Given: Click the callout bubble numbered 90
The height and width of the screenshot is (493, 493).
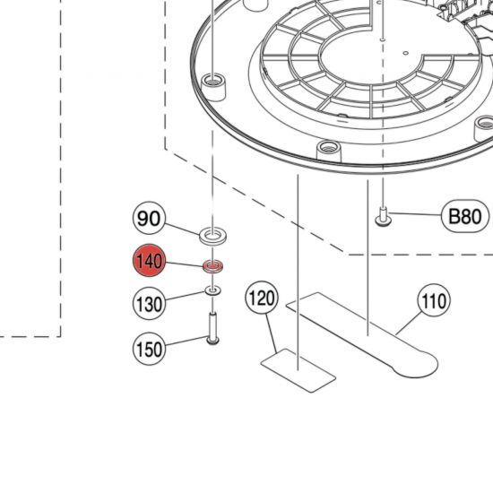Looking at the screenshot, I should tap(150, 218).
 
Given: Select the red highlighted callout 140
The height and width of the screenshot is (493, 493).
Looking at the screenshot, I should tap(149, 262).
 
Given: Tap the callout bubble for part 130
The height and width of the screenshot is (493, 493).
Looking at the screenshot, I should tap(150, 304).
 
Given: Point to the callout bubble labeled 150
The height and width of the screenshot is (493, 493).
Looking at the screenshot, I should tap(150, 348).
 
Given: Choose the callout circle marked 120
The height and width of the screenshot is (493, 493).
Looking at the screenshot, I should tap(262, 298).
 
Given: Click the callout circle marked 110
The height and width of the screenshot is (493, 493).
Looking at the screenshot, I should tap(434, 302).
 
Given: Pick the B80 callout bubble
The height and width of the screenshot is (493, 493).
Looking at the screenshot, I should tap(464, 215).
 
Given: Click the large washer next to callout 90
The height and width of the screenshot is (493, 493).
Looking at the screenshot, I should tap(212, 237).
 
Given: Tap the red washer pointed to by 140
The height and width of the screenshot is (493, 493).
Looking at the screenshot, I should tap(212, 267).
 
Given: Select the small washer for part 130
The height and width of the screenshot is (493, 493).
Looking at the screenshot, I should tap(212, 290).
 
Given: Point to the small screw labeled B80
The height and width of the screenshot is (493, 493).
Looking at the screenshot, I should tap(383, 216).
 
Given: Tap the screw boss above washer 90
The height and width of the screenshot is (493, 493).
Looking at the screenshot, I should tap(212, 83).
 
